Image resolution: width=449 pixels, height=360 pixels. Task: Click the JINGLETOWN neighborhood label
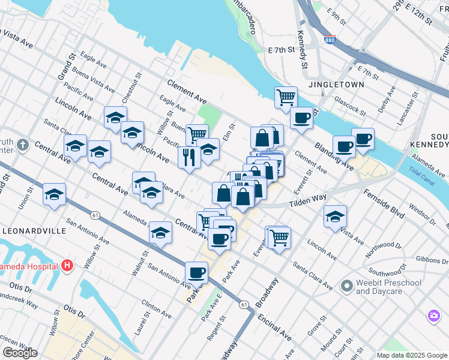tap(336, 85)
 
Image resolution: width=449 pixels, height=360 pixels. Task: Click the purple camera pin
tap(433, 314)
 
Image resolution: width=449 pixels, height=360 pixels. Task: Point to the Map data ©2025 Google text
tap(412, 355)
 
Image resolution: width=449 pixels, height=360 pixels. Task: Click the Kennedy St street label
tap(303, 50)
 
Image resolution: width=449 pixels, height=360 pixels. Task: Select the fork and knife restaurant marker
tap(189, 158)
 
